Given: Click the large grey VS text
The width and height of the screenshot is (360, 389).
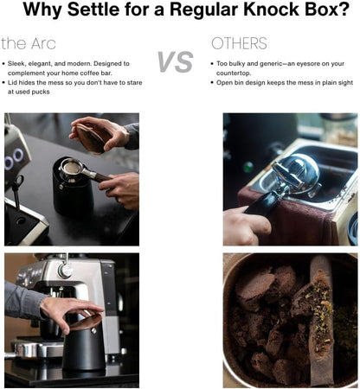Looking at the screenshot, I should [x=175, y=61].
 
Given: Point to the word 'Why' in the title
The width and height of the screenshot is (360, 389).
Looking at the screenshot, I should [x=44, y=12].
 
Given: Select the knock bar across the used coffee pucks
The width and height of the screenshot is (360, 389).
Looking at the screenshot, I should [x=317, y=320].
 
